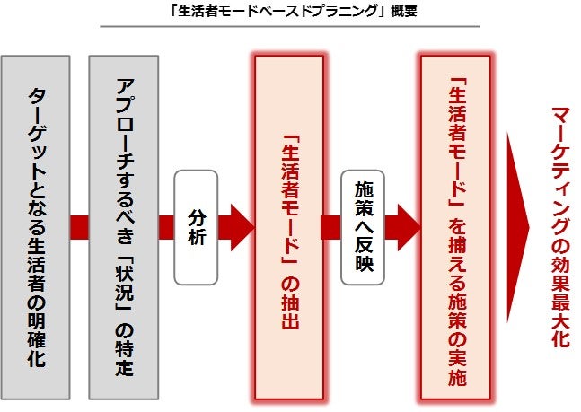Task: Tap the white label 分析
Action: click(x=198, y=227)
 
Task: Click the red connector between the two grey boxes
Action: click(x=79, y=227)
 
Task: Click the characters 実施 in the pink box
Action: click(x=456, y=371)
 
